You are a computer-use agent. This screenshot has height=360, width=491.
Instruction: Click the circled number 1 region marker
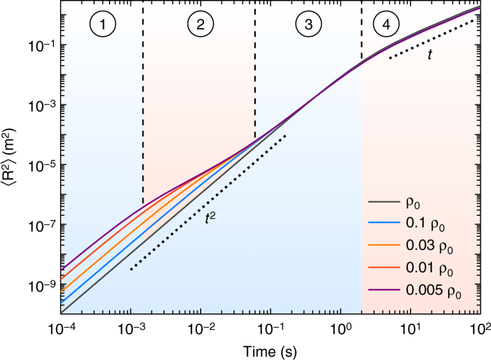click(103, 24)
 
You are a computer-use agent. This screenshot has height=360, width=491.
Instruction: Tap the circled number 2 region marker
click(201, 24)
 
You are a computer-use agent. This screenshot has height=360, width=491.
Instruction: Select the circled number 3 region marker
click(309, 24)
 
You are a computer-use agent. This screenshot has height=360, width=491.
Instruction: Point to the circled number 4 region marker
click(386, 24)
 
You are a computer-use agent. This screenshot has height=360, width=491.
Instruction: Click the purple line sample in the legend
click(384, 290)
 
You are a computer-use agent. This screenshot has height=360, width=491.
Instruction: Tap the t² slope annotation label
click(210, 218)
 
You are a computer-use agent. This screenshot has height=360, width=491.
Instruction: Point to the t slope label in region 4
click(430, 55)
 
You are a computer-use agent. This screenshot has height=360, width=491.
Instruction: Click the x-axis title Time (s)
click(270, 351)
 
